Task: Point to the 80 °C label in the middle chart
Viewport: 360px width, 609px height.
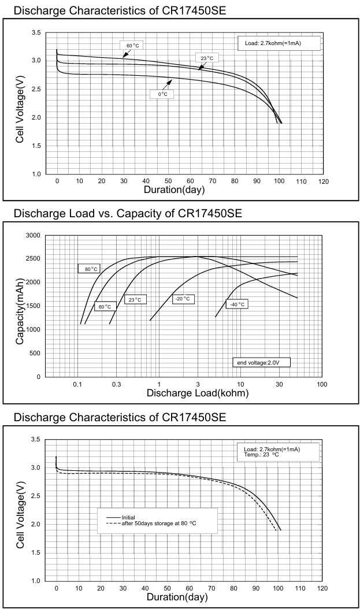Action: tap(90, 269)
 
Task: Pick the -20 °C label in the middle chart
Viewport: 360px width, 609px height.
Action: tap(183, 299)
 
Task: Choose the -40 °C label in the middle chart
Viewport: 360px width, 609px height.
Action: tap(237, 304)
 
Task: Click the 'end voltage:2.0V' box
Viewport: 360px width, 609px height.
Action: tap(260, 362)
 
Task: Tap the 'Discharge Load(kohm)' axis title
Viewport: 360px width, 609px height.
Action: tap(198, 393)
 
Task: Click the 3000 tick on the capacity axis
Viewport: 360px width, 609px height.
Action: tap(33, 236)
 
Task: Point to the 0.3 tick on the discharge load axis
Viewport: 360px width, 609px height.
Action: tap(117, 384)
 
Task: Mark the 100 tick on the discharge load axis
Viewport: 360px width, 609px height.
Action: tap(322, 384)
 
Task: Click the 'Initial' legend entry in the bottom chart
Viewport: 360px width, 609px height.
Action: tap(128, 517)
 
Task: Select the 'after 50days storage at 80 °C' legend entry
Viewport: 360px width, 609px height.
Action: tap(159, 523)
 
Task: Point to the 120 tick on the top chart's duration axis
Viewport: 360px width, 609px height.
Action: tap(323, 181)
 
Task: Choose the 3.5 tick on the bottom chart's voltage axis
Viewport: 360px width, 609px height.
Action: tap(35, 440)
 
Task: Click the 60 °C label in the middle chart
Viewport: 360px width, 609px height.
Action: tap(105, 307)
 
